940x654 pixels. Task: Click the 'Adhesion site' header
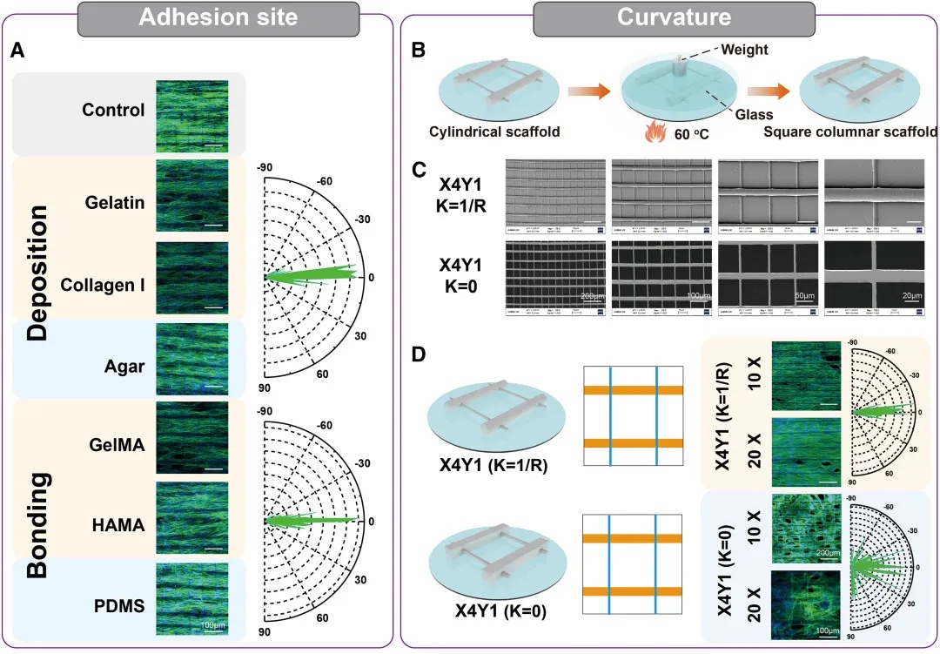tap(189, 18)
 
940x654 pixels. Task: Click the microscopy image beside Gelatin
tap(191, 196)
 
